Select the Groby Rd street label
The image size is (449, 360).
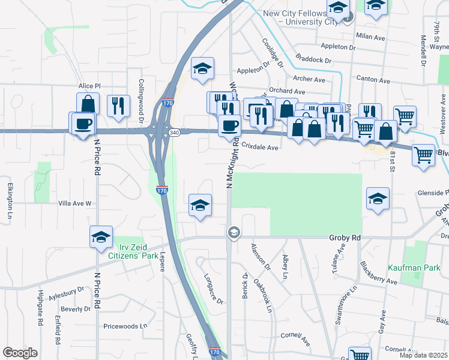click(x=345, y=238)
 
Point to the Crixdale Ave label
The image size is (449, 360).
click(x=261, y=147)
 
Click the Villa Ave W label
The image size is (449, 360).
click(x=74, y=203)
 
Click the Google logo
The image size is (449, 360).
click(x=20, y=353)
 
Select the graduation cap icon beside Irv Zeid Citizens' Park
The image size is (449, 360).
click(x=101, y=236)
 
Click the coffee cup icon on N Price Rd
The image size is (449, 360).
click(x=83, y=124)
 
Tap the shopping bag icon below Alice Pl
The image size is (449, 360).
click(x=88, y=103)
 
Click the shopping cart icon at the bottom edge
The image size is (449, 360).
click(x=360, y=355)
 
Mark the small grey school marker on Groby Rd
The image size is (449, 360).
click(x=234, y=232)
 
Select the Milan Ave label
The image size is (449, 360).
click(x=370, y=37)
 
